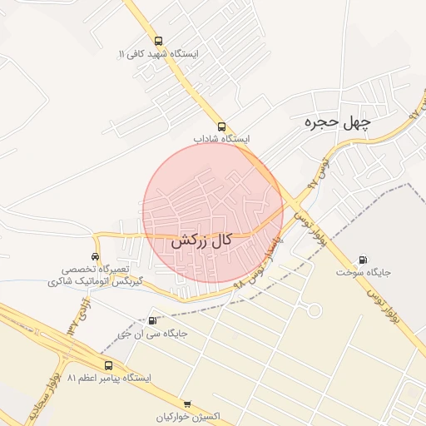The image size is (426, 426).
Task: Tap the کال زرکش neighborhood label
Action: coord(201,242)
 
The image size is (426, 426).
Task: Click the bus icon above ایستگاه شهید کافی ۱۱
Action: coord(159,40)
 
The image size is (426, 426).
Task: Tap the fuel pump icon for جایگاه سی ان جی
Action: coord(151,320)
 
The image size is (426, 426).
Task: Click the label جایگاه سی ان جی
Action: coord(151,334)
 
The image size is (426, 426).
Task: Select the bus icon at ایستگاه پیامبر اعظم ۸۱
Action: coord(109,364)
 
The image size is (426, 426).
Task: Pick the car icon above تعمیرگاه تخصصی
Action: coord(97,256)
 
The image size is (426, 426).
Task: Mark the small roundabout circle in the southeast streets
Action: coord(315,310)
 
